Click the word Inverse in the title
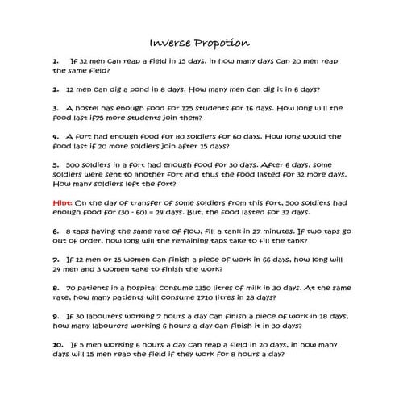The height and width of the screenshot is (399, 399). pyautogui.click(x=170, y=42)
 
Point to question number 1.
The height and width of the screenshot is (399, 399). pyautogui.click(x=55, y=60)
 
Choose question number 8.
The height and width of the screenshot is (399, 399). pyautogui.click(x=55, y=287)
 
